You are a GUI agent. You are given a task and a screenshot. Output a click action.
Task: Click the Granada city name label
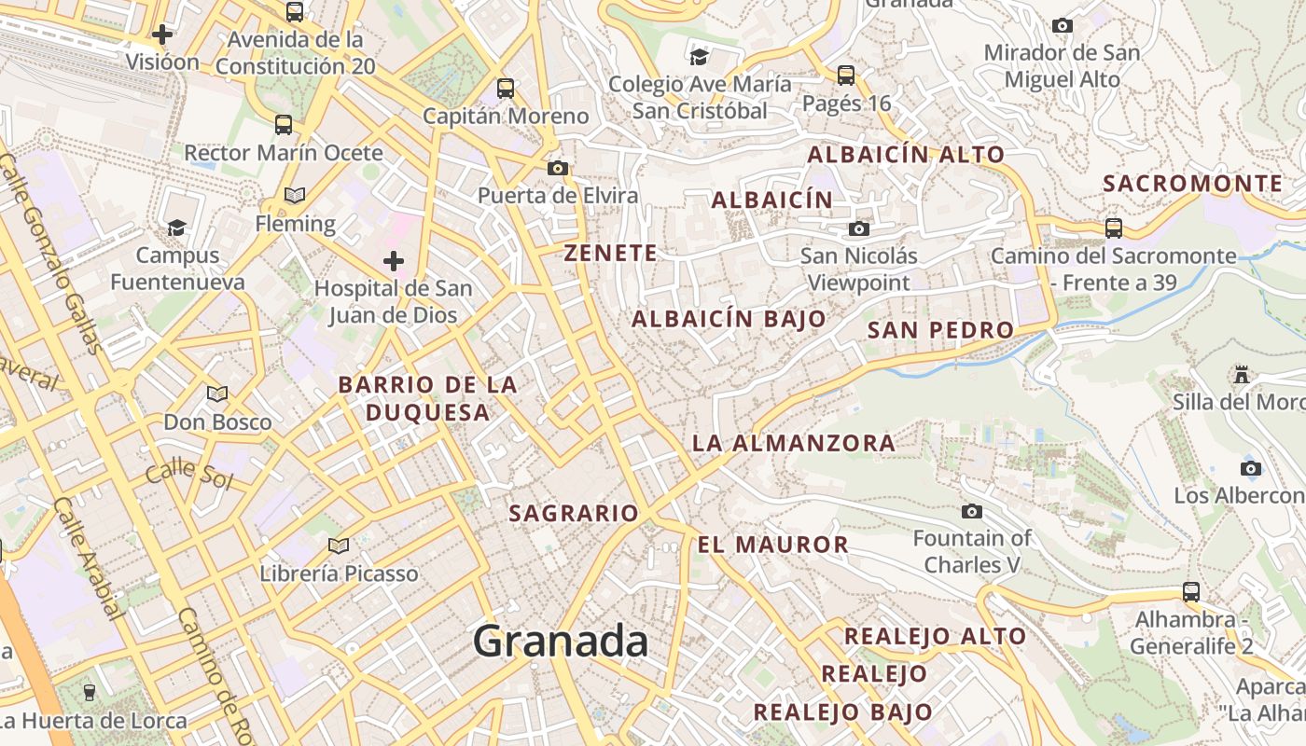tap(560, 642)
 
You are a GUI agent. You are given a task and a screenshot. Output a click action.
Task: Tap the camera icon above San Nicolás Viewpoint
tap(858, 228)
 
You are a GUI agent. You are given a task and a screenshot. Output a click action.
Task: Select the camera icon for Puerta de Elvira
tap(558, 168)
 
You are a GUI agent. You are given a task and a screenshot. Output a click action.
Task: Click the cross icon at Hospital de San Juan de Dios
tap(394, 260)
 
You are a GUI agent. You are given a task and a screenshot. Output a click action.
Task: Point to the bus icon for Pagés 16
tap(846, 76)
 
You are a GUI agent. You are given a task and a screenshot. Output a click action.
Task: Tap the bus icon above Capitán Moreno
tap(506, 89)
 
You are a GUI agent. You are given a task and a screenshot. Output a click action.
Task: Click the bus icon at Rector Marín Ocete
tap(284, 124)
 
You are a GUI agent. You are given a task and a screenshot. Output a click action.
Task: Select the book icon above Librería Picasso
tap(339, 546)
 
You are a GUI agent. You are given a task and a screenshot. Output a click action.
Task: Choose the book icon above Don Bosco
tap(217, 394)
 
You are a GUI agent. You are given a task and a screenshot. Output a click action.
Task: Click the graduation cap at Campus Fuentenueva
tap(176, 227)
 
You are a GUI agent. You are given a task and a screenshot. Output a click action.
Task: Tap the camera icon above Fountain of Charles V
tap(972, 511)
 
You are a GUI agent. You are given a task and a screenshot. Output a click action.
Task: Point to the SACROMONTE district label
tap(1192, 184)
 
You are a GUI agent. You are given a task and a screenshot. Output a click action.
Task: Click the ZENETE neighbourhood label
tap(611, 253)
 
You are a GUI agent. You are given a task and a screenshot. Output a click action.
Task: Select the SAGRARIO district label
tap(574, 513)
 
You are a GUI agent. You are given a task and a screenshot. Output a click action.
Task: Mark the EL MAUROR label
tap(773, 545)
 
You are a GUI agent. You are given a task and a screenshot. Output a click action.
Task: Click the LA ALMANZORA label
tap(794, 443)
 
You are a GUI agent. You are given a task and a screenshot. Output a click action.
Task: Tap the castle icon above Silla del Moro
tap(1241, 374)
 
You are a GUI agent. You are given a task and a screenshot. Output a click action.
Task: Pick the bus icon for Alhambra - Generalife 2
tap(1191, 591)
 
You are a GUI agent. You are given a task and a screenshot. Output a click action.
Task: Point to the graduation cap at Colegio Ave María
tap(699, 57)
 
